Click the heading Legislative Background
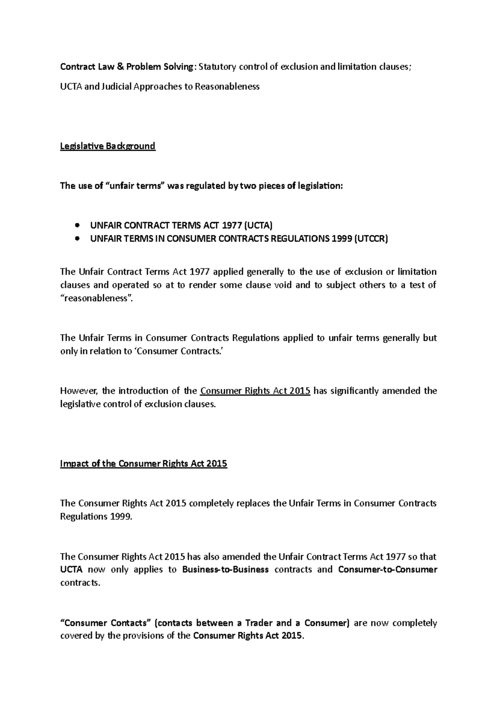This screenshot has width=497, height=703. (x=108, y=146)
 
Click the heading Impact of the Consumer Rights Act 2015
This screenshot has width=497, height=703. (x=143, y=464)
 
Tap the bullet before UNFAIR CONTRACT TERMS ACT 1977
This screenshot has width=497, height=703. (x=77, y=226)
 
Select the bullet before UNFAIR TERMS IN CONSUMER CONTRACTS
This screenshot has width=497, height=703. (x=77, y=239)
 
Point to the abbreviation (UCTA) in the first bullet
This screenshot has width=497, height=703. (x=258, y=226)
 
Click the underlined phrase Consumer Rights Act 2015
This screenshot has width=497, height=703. (x=255, y=391)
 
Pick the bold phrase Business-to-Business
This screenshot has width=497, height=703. (x=225, y=570)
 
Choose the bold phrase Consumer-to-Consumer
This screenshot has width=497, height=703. (x=388, y=570)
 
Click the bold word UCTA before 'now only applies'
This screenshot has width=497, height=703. (x=71, y=570)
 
